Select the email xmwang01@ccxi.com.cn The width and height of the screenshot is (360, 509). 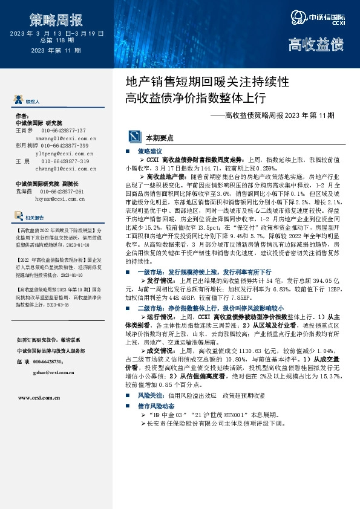(x=66, y=138)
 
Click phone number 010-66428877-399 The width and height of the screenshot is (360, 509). (x=65, y=146)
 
